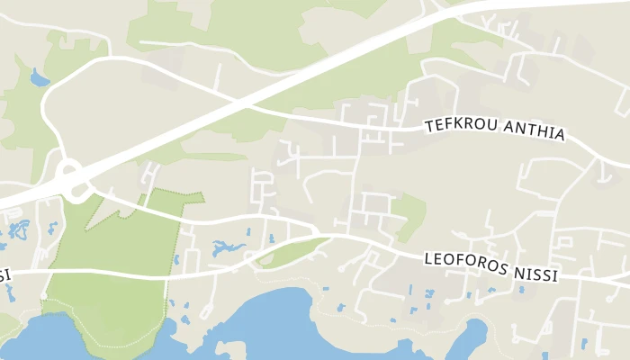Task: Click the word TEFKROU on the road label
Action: click(458, 127)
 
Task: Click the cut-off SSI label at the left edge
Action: click(4, 274)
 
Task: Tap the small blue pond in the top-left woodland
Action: click(40, 79)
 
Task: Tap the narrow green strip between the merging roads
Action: click(292, 252)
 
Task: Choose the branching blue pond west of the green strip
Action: click(229, 248)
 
